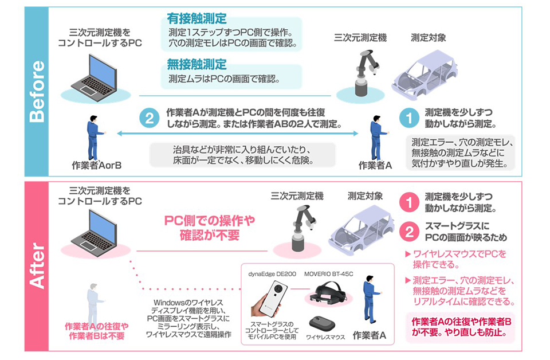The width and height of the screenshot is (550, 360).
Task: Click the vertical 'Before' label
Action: click(36, 91)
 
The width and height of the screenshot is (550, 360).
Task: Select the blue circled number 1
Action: click(408, 117)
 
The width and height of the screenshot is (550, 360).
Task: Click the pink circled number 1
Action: click(408, 202)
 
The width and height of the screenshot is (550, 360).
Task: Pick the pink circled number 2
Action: click(408, 231)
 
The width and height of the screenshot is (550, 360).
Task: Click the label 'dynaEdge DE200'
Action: click(272, 274)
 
